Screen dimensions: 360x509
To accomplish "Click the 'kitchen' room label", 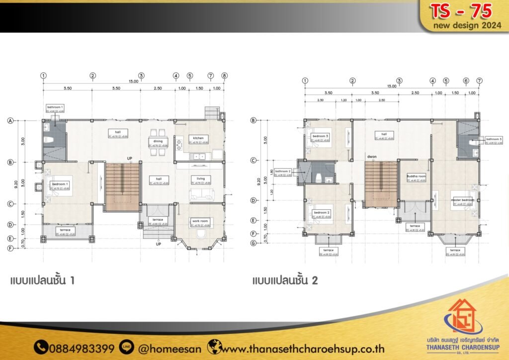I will (199, 138).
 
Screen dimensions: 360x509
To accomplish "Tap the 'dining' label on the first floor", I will (158, 141).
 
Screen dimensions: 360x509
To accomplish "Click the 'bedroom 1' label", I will (60, 184).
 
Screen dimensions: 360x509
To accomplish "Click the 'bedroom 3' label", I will (321, 136).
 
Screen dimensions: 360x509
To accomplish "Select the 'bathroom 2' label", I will (282, 171).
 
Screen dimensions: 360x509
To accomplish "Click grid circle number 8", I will (225, 76).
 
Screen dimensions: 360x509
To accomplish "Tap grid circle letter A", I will (9, 120).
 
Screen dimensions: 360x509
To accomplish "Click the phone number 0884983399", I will (81, 348).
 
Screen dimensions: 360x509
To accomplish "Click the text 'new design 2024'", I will (467, 26).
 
